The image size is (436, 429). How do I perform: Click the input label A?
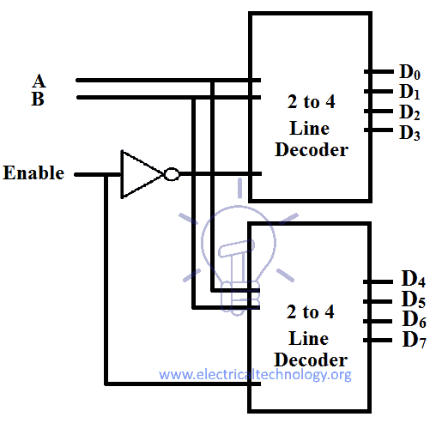39,81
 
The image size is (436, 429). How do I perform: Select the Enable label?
33,173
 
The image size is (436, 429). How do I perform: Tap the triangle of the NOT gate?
138,174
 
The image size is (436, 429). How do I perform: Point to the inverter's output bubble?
172,174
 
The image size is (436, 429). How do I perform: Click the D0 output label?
409,74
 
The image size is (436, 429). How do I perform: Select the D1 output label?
409,92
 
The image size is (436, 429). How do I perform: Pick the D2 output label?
409,112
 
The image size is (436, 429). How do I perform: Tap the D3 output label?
409,132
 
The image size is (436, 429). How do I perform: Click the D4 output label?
414,281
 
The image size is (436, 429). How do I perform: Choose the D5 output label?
414,300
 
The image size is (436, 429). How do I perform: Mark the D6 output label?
414,320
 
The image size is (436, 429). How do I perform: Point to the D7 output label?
414,340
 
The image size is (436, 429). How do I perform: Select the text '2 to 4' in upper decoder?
311,102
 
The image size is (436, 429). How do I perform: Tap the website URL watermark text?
256,375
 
